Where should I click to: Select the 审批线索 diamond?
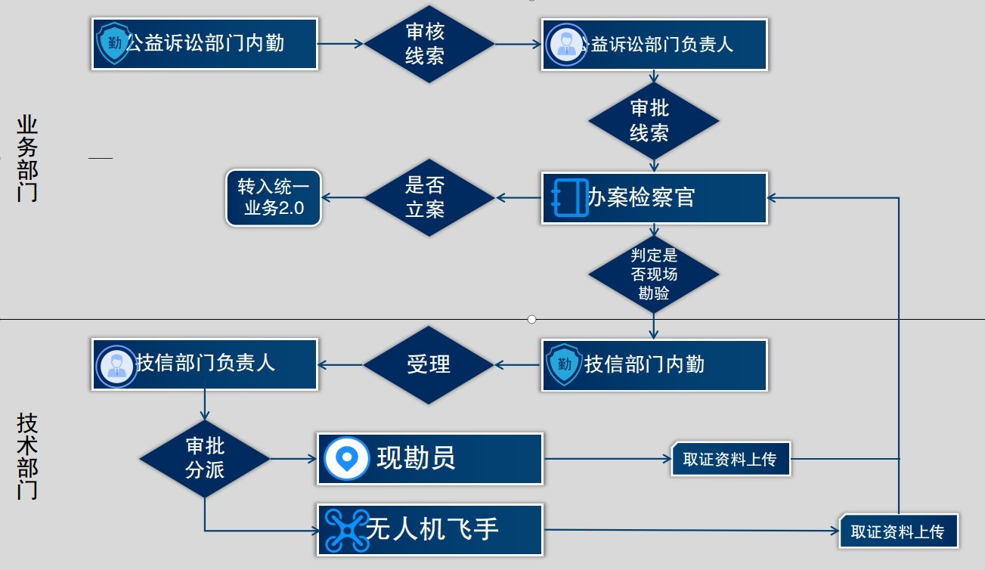click(x=653, y=121)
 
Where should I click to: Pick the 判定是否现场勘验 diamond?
click(x=653, y=274)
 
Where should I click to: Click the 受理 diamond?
click(x=429, y=364)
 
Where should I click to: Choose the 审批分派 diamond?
click(x=205, y=458)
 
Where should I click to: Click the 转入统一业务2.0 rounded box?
click(x=274, y=198)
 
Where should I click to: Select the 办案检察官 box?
click(x=655, y=198)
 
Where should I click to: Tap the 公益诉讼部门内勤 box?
click(x=204, y=44)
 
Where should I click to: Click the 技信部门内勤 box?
click(x=655, y=364)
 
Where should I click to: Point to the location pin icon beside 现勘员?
click(x=347, y=458)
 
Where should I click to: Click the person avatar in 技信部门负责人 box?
click(x=116, y=364)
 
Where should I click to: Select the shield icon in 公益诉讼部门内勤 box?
click(x=114, y=44)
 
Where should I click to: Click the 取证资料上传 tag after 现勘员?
click(x=730, y=459)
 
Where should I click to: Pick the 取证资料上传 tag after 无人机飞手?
click(x=898, y=531)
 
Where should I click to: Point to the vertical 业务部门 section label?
click(x=27, y=159)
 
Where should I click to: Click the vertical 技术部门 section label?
click(x=27, y=456)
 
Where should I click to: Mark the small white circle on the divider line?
click(x=531, y=319)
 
